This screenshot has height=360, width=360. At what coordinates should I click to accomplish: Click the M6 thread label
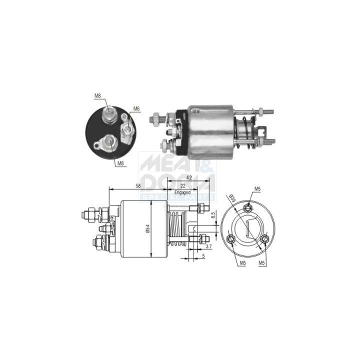tap(136, 108)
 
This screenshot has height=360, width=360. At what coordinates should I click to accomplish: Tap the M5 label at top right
tap(257, 188)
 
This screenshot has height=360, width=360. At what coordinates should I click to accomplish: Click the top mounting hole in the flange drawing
tap(247, 207)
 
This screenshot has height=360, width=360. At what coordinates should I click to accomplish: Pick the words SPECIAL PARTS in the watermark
tap(177, 197)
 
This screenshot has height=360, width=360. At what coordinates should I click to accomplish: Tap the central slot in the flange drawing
tap(247, 230)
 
